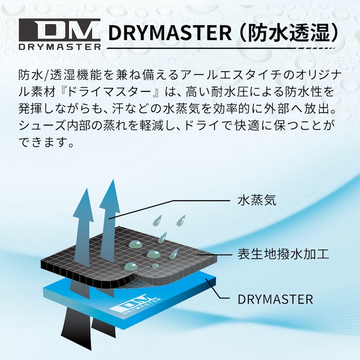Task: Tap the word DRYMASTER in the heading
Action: (x=170, y=33)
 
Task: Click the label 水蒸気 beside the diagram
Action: (x=256, y=200)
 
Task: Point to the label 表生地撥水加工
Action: (x=283, y=254)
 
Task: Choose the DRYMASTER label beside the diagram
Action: (x=275, y=299)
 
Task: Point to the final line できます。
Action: (x=46, y=142)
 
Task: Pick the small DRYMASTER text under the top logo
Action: (x=60, y=47)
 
